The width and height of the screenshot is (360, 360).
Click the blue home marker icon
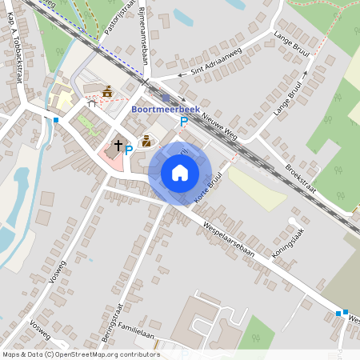180,172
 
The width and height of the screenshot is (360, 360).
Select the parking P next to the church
129,150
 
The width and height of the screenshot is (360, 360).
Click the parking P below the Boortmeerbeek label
183,122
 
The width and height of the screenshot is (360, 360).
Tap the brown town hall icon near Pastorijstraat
106,90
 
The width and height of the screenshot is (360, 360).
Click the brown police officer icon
146,141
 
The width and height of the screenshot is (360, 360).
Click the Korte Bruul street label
206,188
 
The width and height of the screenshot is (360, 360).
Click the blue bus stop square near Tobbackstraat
56,120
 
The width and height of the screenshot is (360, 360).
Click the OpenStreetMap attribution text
80,354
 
